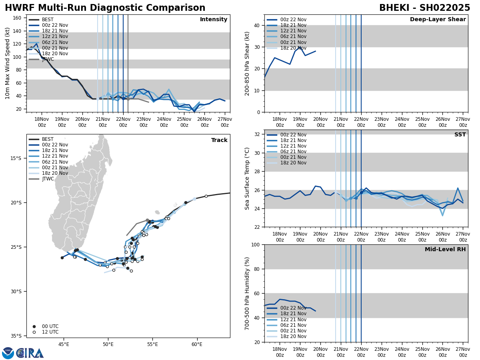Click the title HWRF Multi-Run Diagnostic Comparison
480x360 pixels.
click(105, 8)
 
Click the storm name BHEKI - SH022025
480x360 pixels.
click(424, 8)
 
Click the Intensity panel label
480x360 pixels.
click(214, 20)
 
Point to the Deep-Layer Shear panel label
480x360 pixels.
click(438, 20)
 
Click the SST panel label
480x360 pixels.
click(460, 135)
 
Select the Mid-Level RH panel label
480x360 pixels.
click(445, 250)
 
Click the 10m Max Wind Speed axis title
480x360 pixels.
click(8, 63)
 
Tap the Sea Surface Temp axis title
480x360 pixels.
click(247, 178)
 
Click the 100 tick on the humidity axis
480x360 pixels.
click(256, 244)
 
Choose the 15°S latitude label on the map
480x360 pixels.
click(16, 158)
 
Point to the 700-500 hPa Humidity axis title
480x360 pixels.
click(247, 293)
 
